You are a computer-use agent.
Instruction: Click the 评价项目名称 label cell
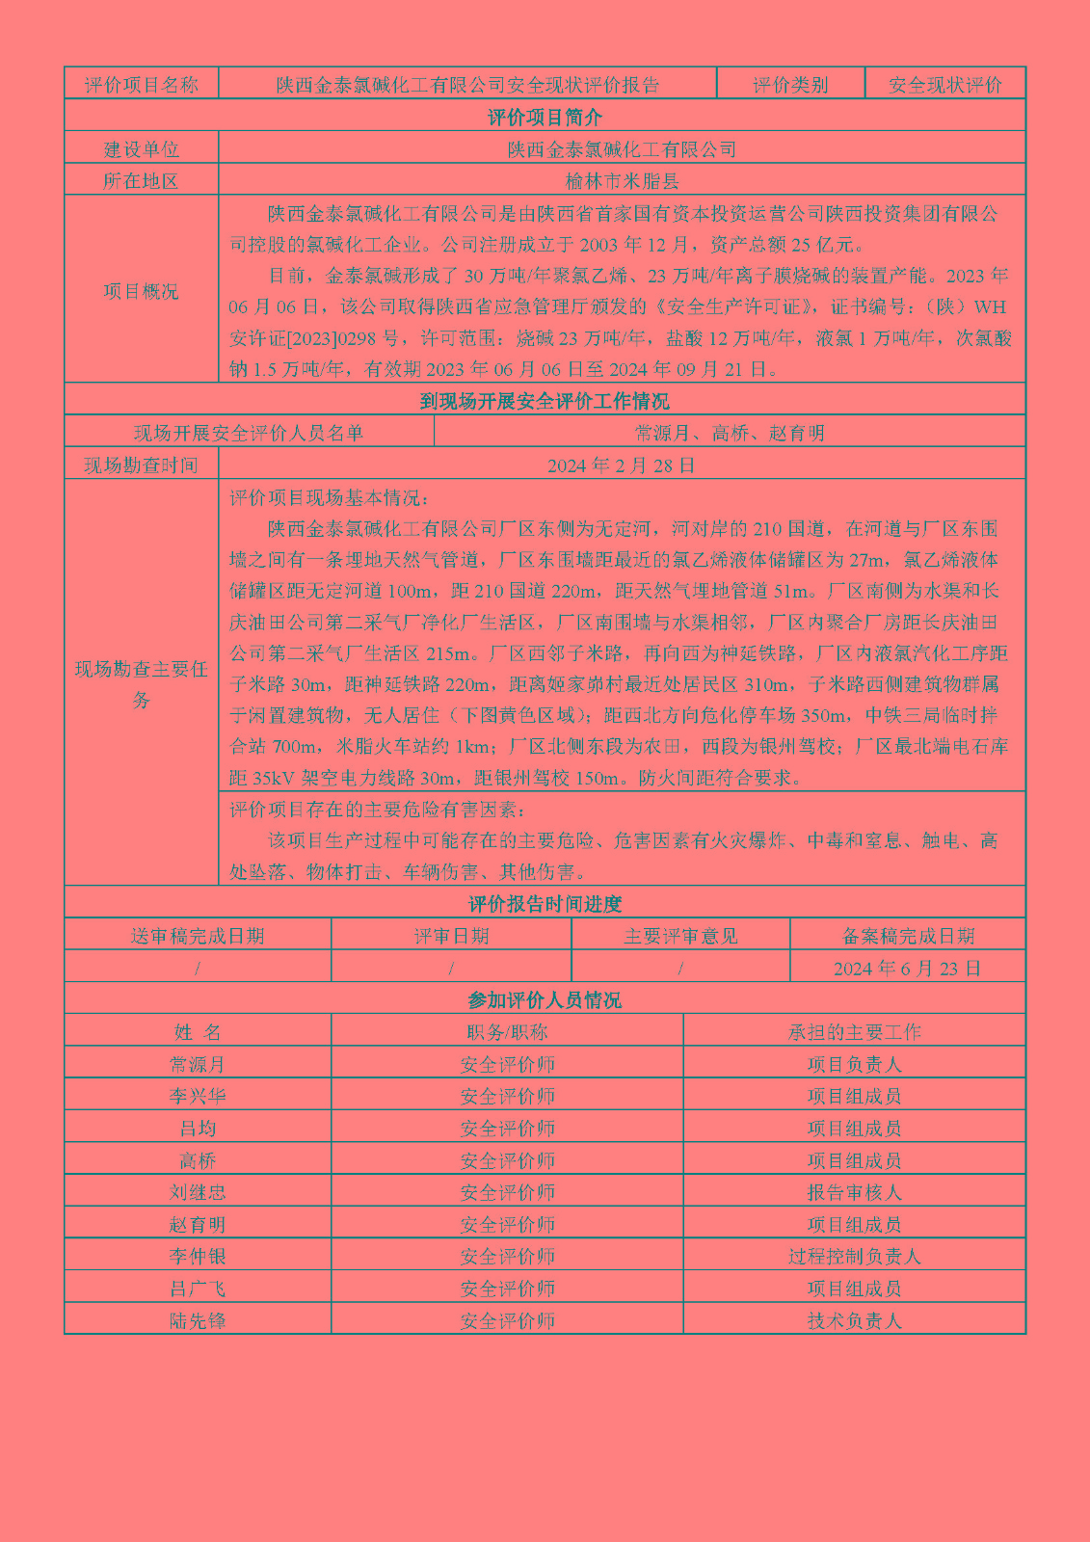[142, 85]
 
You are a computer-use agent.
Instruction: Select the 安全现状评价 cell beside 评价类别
[944, 85]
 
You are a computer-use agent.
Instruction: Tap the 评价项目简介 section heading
[545, 117]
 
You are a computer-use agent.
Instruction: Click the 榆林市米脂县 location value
[622, 180]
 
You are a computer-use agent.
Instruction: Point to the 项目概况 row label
[142, 291]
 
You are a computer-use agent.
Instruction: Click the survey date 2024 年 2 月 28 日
[622, 465]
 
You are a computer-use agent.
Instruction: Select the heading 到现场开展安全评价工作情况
[545, 401]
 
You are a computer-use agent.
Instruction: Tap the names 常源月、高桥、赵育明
[730, 433]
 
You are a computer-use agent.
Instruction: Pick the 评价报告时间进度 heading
[545, 904]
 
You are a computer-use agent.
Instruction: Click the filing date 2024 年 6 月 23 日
[907, 969]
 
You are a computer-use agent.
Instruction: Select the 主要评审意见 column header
[680, 936]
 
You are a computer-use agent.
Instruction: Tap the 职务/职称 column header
[507, 1032]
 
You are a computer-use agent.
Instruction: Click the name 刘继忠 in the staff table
[198, 1192]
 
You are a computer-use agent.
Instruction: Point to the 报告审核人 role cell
[854, 1192]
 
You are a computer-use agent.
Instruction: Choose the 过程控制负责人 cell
[854, 1257]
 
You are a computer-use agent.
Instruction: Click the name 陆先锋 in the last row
[198, 1320]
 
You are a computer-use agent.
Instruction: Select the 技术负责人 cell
[854, 1320]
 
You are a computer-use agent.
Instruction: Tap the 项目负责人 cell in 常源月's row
[854, 1064]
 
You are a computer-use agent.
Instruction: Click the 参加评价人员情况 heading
[545, 1000]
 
